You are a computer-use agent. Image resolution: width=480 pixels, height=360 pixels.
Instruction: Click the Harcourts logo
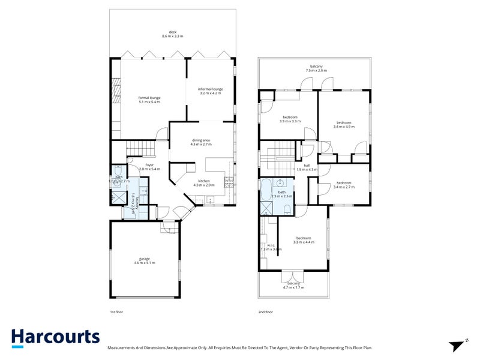pos(55,337)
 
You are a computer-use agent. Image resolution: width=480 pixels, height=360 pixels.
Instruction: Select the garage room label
pos(145,261)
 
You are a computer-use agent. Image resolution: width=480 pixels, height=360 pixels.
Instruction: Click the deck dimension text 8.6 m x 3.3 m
pos(173,34)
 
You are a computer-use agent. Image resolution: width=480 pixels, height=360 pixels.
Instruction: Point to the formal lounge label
pos(149,100)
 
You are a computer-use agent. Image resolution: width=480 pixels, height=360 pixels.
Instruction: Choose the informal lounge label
pos(210,91)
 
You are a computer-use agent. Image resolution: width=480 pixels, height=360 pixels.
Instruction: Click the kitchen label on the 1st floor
pos(204,183)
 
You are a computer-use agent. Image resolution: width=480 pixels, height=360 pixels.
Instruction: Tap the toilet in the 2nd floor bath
pos(288,209)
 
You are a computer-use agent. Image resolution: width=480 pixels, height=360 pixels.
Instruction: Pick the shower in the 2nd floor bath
pos(265,209)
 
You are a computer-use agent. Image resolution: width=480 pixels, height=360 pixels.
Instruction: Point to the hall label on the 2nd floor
pos(306,167)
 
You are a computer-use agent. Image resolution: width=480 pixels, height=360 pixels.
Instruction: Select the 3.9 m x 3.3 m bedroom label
pos(290,119)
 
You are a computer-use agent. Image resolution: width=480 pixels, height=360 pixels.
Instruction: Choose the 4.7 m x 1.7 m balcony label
pos(293,285)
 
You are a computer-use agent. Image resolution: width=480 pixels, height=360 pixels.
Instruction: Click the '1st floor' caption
pos(116,313)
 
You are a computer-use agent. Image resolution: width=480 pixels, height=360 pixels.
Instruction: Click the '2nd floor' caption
pos(265,313)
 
